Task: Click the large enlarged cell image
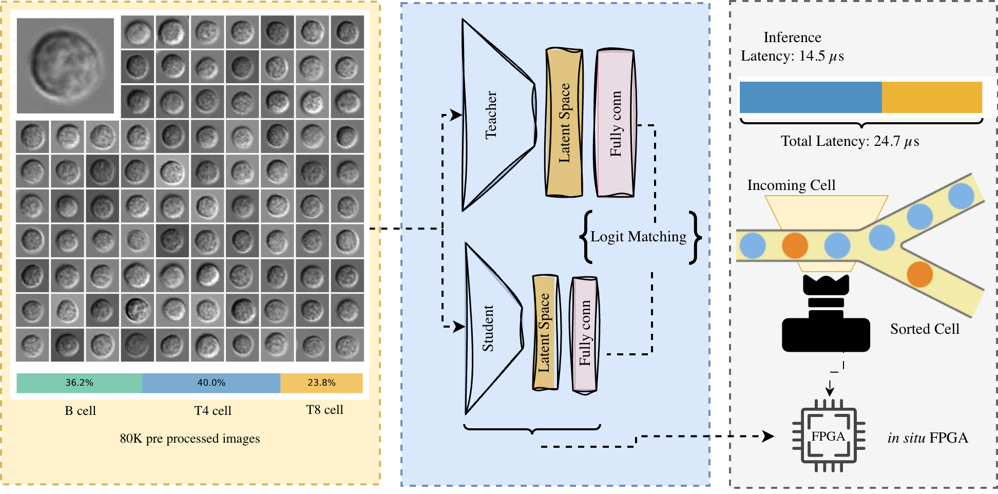point(65,66)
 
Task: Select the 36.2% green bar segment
point(79,383)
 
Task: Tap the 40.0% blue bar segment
point(211,383)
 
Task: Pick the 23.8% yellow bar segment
point(321,383)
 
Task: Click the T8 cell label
point(324,410)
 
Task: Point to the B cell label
point(80,411)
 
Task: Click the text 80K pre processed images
point(189,439)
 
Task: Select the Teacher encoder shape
point(493,115)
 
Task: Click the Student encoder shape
point(490,329)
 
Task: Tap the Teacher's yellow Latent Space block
point(564,123)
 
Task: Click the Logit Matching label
point(638,237)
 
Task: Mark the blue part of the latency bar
point(810,97)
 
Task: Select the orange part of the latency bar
point(931,97)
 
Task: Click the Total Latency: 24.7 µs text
point(850,141)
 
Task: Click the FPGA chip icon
point(828,436)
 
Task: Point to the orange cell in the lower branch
point(919,274)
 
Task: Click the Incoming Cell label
point(791,185)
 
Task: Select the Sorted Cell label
point(925,329)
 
